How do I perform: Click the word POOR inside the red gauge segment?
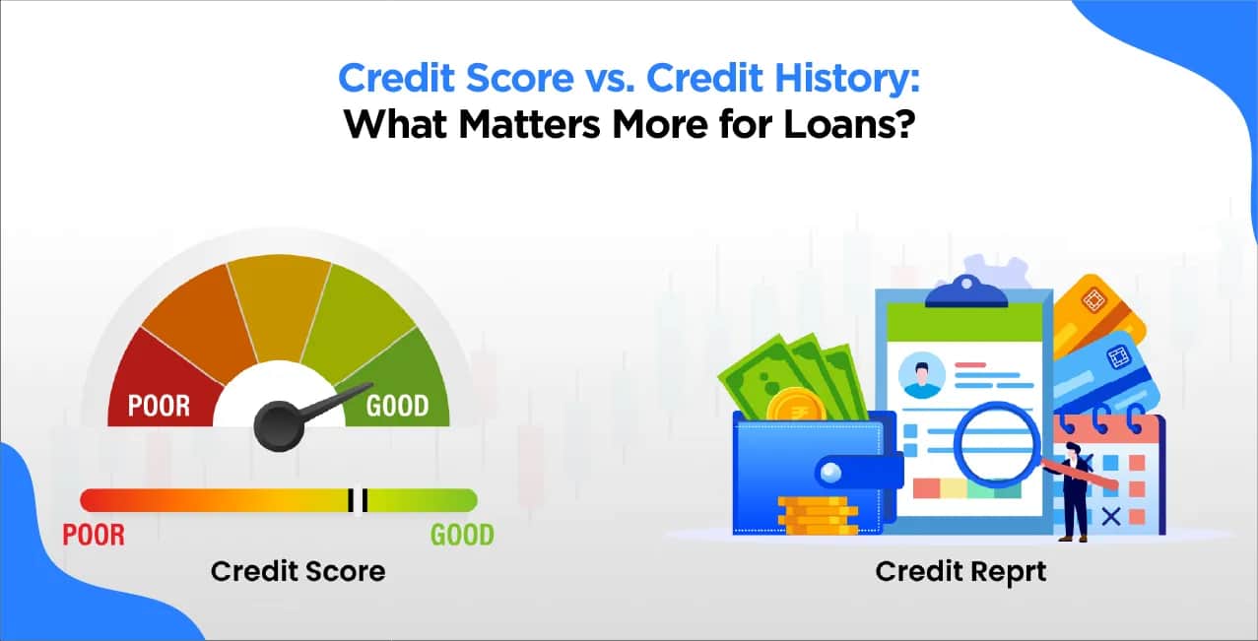(x=159, y=406)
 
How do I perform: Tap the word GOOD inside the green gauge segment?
(x=398, y=406)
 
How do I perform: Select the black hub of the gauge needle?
(x=279, y=426)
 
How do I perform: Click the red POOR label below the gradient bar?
(x=94, y=535)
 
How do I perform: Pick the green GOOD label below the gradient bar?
(x=462, y=535)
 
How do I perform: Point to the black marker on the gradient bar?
(x=358, y=500)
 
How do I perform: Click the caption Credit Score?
(x=298, y=572)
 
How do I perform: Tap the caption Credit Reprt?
(x=960, y=572)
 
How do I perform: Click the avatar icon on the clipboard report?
(x=922, y=375)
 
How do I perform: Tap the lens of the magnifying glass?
(x=997, y=443)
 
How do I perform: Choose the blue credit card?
(x=1104, y=375)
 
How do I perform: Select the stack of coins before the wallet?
(x=818, y=515)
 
